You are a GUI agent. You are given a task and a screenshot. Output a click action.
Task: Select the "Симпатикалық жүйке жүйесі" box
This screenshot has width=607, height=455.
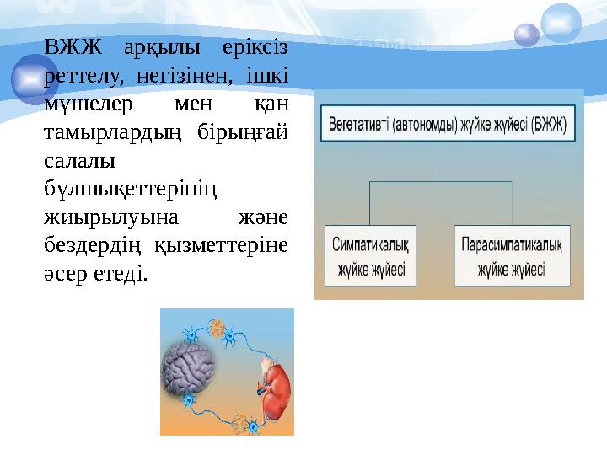371,256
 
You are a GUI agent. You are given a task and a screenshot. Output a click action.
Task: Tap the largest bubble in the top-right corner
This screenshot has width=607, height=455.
561,23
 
